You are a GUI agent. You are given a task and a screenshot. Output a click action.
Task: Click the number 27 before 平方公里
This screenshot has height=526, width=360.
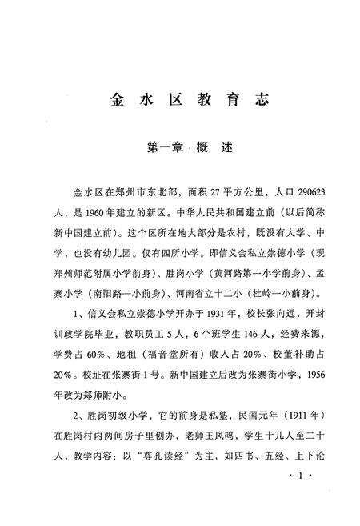[206, 194]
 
